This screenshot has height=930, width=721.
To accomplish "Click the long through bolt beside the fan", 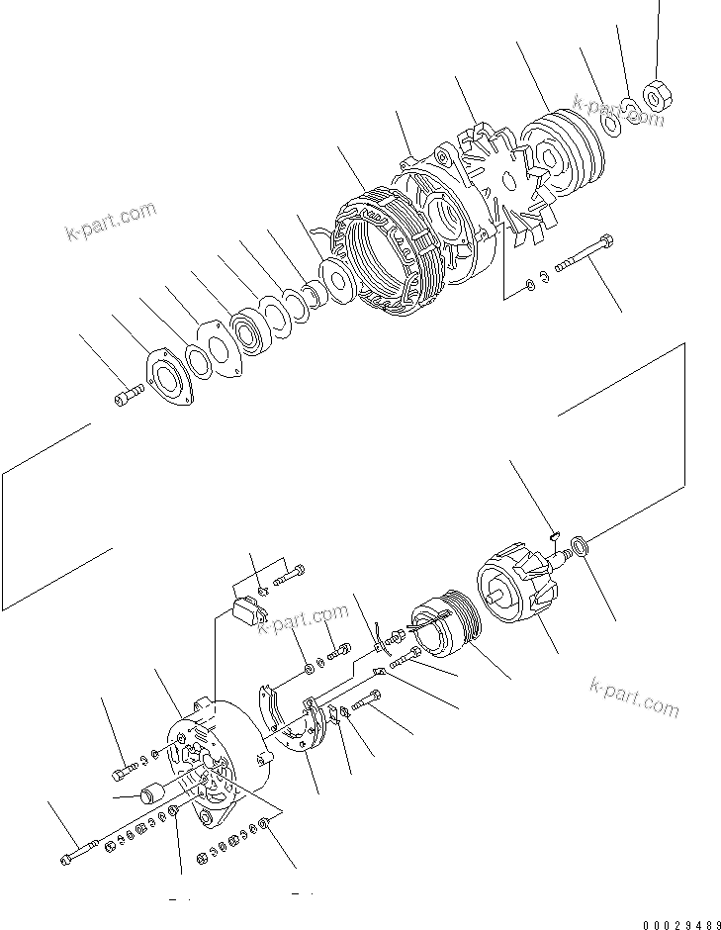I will [583, 253].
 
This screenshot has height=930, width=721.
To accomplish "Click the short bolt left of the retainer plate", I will [125, 400].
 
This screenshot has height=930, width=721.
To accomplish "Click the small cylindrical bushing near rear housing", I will [153, 793].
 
